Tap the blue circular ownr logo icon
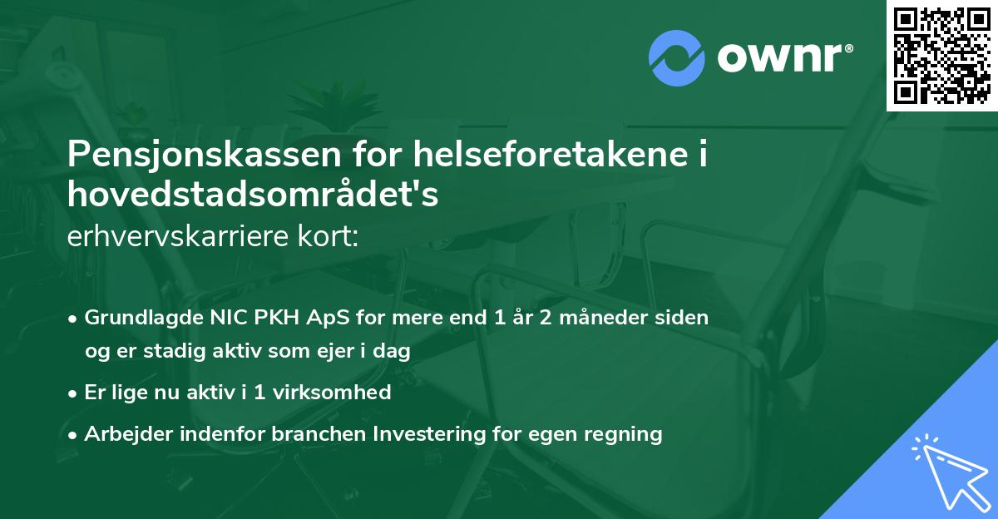(x=676, y=58)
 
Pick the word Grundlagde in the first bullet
(x=138, y=318)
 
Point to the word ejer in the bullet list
(x=334, y=351)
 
